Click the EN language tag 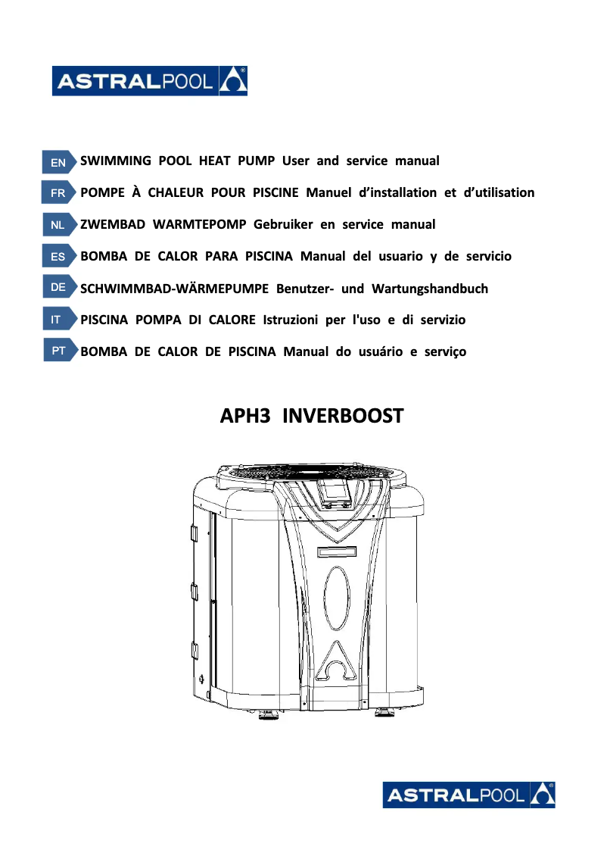(58, 162)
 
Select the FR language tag (58, 193)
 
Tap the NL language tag (58, 225)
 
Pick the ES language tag (58, 257)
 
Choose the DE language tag (58, 289)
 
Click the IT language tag (58, 320)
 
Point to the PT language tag (58, 352)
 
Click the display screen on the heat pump (332, 493)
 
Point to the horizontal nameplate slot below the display (336, 551)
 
